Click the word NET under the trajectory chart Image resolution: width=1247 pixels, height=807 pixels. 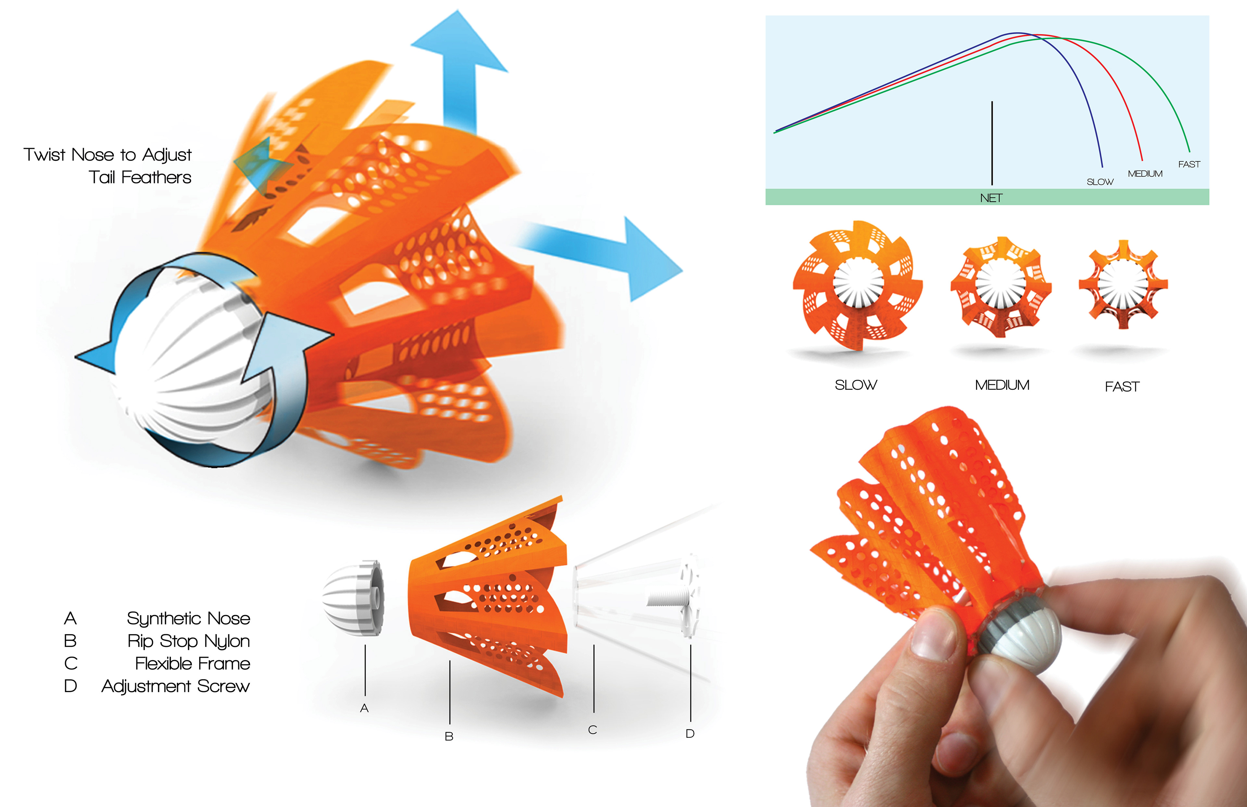click(991, 198)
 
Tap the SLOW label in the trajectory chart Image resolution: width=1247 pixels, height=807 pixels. click(1100, 182)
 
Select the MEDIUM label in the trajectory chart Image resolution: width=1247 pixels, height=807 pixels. click(1145, 173)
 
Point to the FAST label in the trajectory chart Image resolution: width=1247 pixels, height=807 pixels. click(1189, 164)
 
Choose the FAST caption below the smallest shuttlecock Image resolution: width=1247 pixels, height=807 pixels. click(1122, 387)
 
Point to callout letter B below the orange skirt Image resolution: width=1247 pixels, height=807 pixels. click(449, 736)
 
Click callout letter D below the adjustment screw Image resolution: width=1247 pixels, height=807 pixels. click(690, 734)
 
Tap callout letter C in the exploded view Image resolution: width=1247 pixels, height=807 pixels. click(593, 730)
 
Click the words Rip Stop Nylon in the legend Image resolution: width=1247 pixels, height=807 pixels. click(189, 641)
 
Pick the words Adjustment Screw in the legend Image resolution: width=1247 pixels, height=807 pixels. click(176, 686)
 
